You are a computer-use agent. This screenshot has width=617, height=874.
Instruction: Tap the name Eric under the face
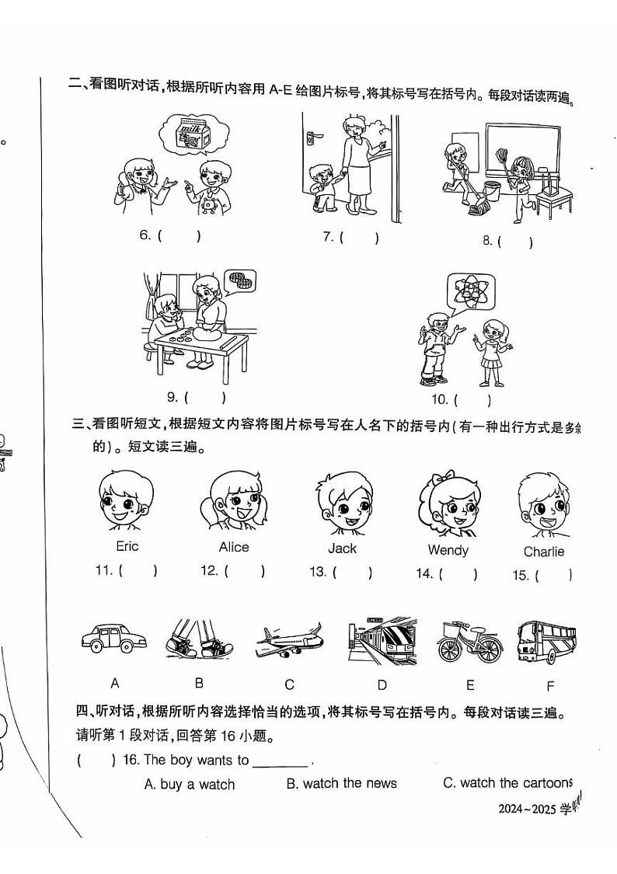coord(127,546)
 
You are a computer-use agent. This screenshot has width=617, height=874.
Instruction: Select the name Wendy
coord(448,550)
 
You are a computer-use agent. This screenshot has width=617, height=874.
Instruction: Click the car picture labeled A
coord(113,639)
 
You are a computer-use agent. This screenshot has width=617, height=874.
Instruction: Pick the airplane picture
coord(289,640)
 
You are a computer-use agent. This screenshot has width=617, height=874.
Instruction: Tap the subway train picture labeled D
coord(382,641)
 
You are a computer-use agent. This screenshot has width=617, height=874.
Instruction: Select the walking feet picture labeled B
coord(198,639)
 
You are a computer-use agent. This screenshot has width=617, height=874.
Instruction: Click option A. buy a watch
coord(189,785)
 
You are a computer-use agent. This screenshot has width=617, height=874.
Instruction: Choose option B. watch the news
coord(341,783)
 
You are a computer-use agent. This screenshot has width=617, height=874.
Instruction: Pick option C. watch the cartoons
coord(507,783)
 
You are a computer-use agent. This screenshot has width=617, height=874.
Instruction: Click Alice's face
coord(232,503)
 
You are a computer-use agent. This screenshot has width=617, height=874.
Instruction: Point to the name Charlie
coord(543,552)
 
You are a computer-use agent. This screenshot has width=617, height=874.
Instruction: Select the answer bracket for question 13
coord(352,573)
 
